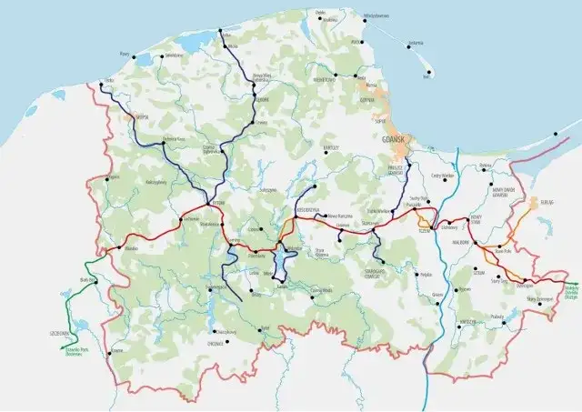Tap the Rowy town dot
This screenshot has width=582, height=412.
[136, 56]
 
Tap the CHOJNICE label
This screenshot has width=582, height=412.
[216, 343]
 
